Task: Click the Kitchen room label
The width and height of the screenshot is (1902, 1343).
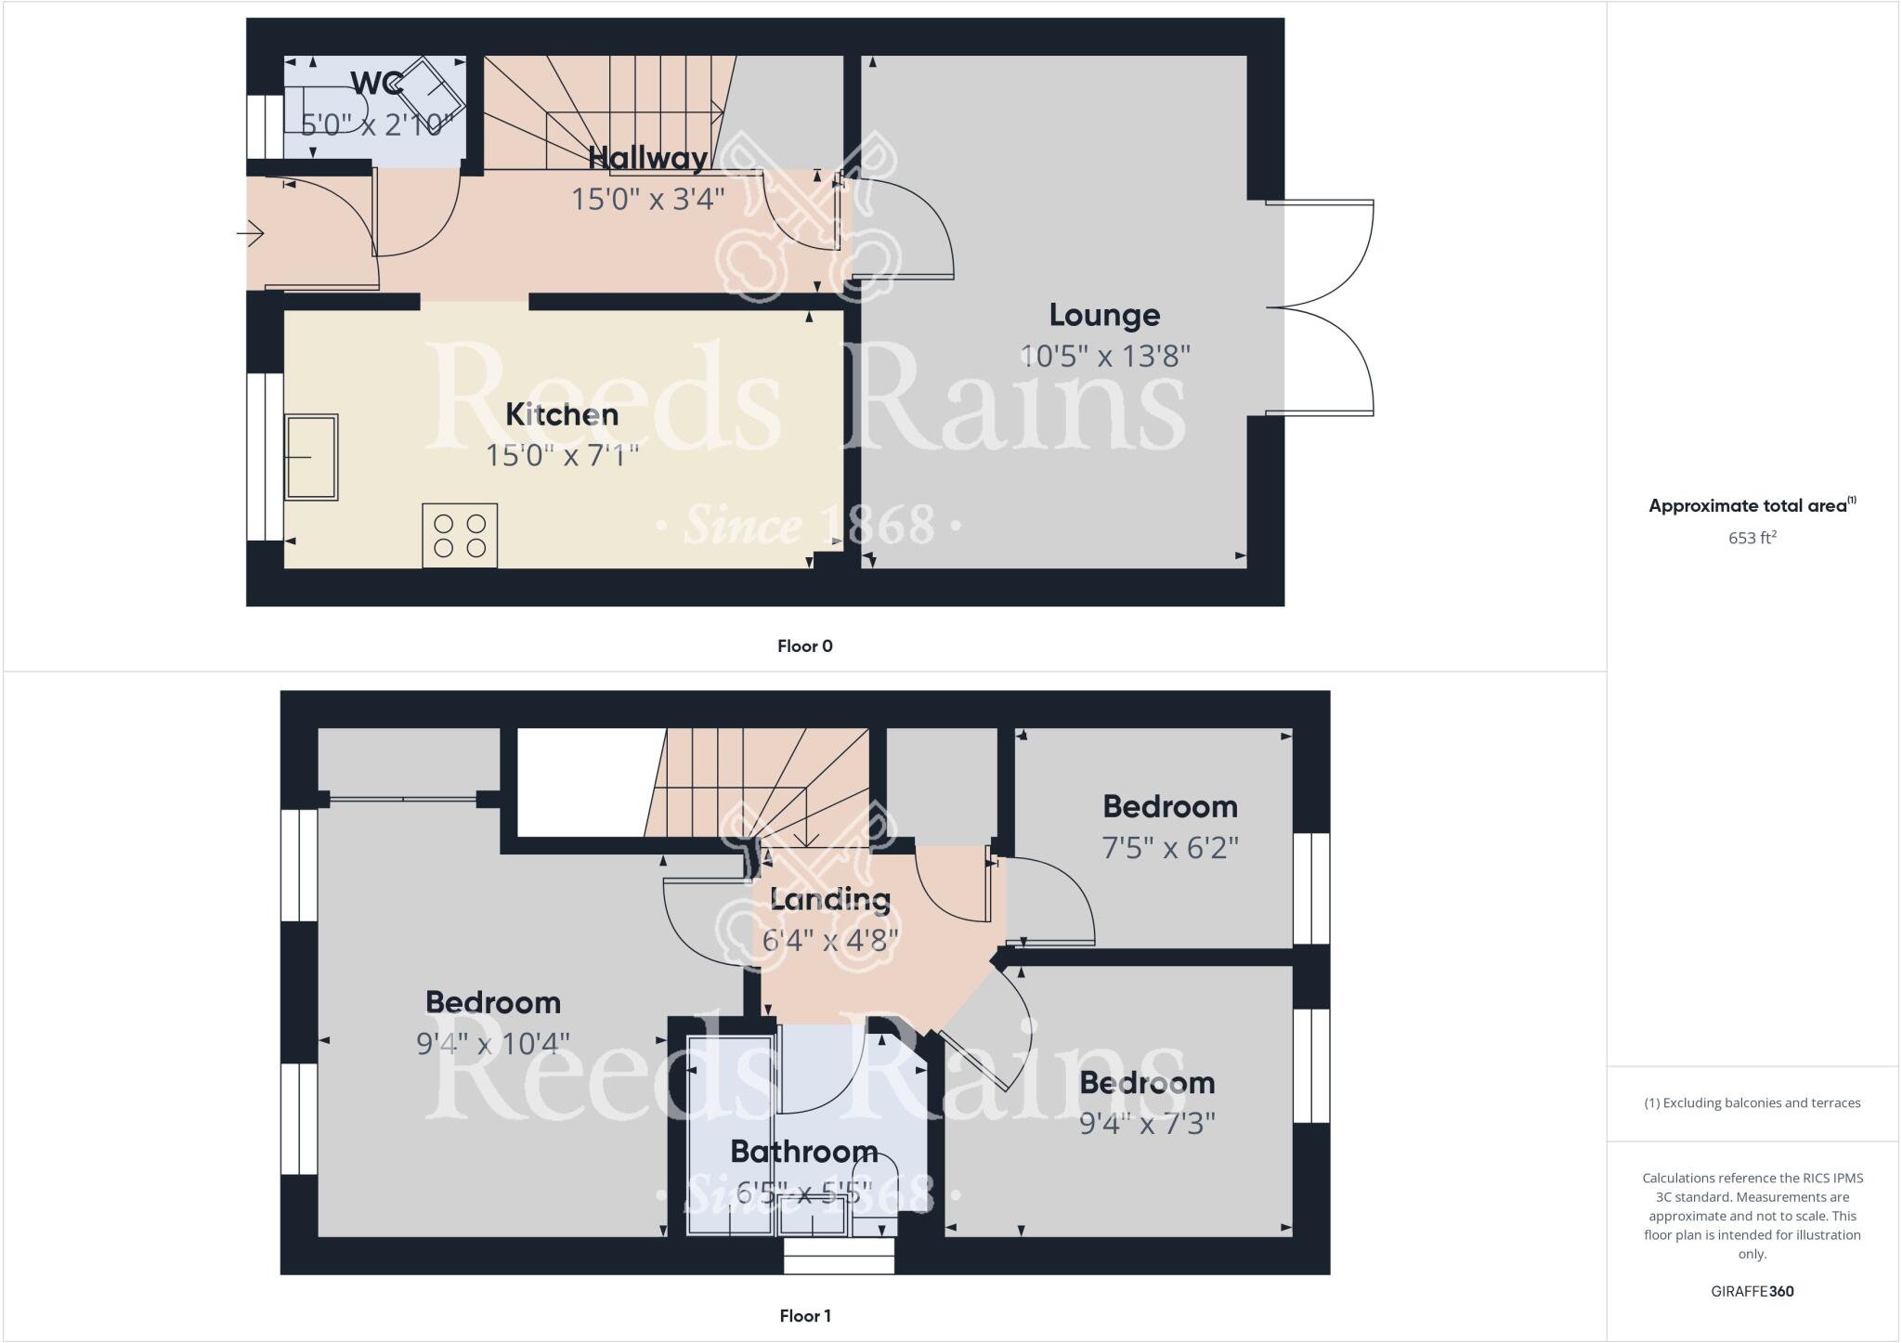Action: pos(562,414)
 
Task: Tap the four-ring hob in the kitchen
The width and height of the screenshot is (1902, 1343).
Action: pos(460,535)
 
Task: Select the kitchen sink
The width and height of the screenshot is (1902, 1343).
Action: pos(312,458)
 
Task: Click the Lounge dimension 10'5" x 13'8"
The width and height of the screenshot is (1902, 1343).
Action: pos(1105,356)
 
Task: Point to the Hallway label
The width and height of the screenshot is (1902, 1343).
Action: pos(648,158)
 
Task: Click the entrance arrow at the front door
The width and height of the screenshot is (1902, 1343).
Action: pos(252,233)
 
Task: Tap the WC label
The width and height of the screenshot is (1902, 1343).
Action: pos(377,84)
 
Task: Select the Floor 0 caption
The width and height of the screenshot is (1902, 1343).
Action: pos(805,646)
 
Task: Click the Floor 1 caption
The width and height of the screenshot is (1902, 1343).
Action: pos(805,1315)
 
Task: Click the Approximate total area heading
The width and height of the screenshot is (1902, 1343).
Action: pos(1752,506)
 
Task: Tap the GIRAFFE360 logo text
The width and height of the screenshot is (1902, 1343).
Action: pos(1752,1291)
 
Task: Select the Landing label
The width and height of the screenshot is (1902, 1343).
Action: pos(830,899)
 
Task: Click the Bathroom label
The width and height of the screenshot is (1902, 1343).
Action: pos(804,1152)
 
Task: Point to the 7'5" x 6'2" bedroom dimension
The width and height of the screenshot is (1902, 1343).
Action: pos(1170,848)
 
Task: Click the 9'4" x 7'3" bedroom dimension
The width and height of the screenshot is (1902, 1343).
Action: pos(1148,1124)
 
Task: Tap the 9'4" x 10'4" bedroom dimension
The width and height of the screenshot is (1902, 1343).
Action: pos(493,1044)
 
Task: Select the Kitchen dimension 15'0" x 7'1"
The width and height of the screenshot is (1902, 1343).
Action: pos(562,455)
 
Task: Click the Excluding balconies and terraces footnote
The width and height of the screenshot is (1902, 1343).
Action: pos(1752,1103)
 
